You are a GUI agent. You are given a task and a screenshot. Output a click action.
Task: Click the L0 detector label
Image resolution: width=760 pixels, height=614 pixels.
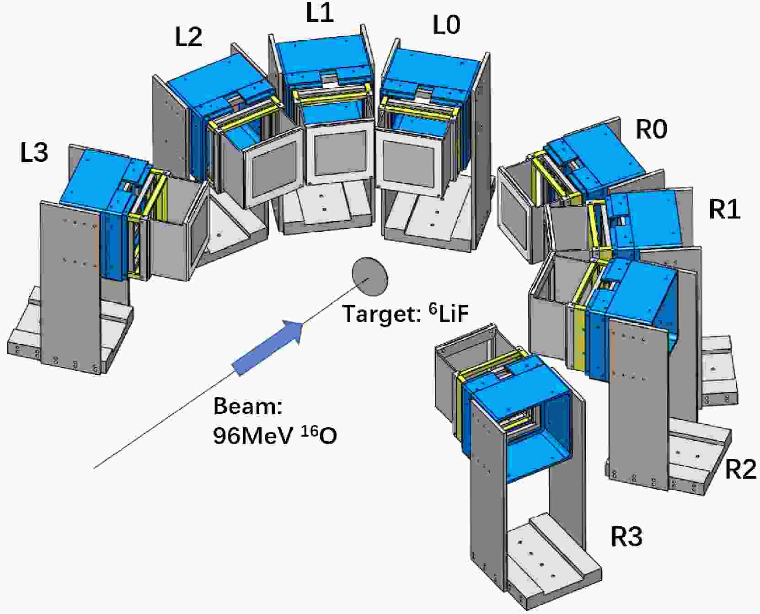click(446, 25)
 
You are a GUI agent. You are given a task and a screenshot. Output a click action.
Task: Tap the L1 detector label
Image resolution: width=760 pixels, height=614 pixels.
click(320, 12)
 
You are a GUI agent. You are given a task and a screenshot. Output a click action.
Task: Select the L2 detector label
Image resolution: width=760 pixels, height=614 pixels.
click(188, 37)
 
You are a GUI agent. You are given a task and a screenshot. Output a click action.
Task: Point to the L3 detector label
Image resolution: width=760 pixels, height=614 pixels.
click(34, 152)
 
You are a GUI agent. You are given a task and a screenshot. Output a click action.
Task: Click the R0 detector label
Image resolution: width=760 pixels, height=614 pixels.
click(652, 130)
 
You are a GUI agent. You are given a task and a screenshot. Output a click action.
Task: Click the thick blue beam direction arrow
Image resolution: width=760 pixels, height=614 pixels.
click(268, 347)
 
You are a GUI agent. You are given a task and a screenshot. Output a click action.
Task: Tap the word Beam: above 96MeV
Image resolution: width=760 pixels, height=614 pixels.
click(247, 406)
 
